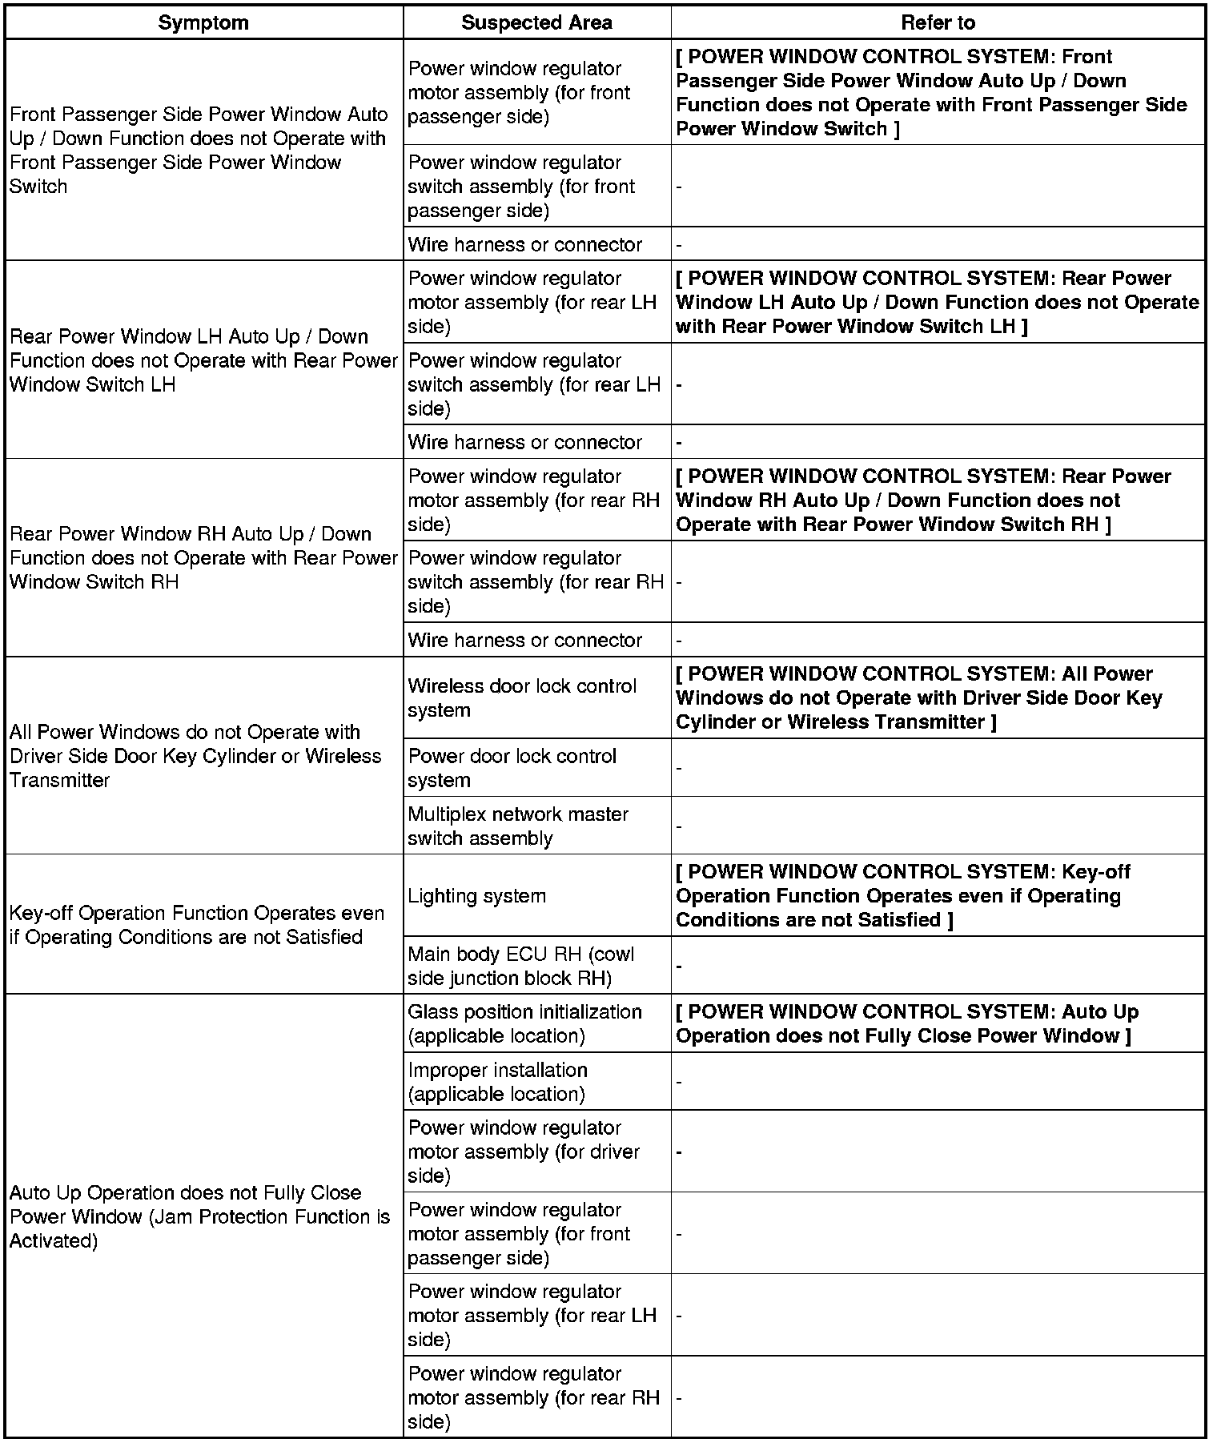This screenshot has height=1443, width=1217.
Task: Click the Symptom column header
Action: point(203,22)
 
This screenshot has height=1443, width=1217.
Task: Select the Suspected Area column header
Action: point(536,22)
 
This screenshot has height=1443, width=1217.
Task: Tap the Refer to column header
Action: point(938,22)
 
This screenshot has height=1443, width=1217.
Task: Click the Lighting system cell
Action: point(477,895)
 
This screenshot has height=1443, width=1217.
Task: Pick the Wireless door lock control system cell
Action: point(522,697)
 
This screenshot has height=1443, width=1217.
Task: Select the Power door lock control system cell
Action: point(512,768)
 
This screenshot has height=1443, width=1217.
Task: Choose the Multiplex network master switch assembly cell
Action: point(518,826)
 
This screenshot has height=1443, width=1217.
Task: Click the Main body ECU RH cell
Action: point(520,966)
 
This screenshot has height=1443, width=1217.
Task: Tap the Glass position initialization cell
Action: point(524,1023)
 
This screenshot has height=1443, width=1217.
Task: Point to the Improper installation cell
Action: point(498,1082)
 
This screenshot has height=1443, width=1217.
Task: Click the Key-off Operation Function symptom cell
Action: point(197,925)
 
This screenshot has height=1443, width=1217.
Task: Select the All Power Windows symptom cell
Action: point(195,756)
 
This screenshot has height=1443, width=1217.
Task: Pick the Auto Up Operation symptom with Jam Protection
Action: point(199,1216)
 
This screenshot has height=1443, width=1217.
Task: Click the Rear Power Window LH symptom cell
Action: point(203,360)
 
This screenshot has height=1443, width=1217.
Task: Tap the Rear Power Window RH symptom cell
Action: point(203,557)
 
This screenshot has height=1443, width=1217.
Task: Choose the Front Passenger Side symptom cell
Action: point(199,151)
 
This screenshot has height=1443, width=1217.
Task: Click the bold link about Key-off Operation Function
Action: point(902,895)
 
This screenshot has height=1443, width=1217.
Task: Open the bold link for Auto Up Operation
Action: point(906,1023)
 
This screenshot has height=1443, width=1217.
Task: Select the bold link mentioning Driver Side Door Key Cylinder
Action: point(918,697)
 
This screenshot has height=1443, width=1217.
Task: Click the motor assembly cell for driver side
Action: point(524,1152)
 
